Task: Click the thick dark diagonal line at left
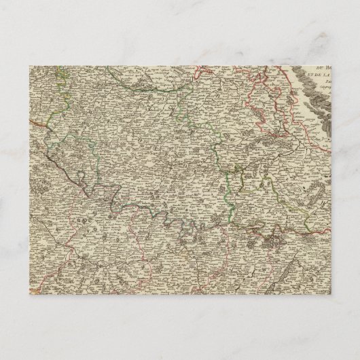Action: tap(61, 163)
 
